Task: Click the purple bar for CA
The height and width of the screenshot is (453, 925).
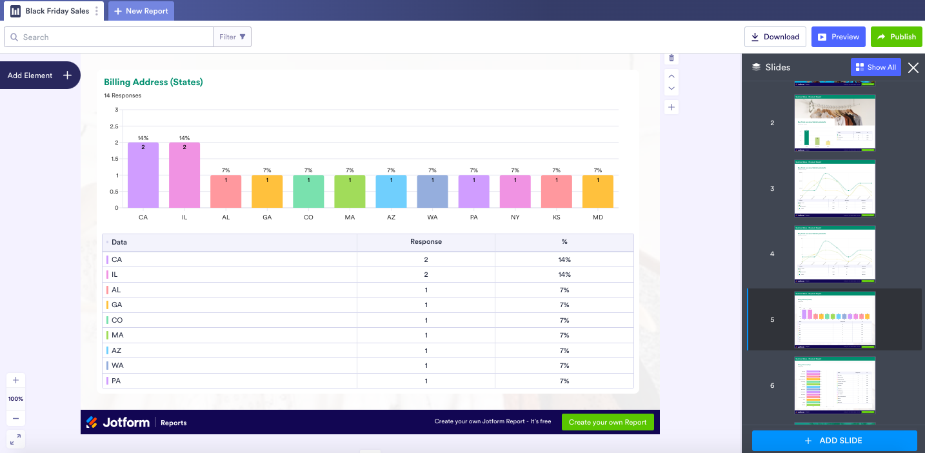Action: pyautogui.click(x=143, y=175)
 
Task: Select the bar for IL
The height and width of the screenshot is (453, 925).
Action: pyautogui.click(x=184, y=175)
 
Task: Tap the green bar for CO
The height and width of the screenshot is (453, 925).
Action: pyautogui.click(x=308, y=192)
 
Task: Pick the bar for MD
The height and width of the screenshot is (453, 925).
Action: pyautogui.click(x=598, y=192)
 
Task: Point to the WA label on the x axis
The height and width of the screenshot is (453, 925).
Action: pyautogui.click(x=432, y=217)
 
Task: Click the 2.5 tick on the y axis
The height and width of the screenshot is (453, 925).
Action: pyautogui.click(x=114, y=126)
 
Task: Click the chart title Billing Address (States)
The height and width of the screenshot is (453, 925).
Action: pyautogui.click(x=154, y=82)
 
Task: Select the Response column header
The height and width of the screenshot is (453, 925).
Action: pyautogui.click(x=426, y=242)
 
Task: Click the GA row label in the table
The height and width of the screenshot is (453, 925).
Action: pyautogui.click(x=117, y=305)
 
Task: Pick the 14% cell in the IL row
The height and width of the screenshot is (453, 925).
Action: pyautogui.click(x=564, y=275)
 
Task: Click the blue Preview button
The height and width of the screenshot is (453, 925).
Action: pyautogui.click(x=839, y=37)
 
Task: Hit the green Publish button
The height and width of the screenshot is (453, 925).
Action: pyautogui.click(x=897, y=37)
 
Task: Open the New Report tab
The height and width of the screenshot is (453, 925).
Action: pyautogui.click(x=141, y=11)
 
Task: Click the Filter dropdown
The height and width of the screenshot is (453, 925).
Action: pyautogui.click(x=232, y=37)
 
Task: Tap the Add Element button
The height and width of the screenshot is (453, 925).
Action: pyautogui.click(x=39, y=75)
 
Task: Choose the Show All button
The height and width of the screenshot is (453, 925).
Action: pyautogui.click(x=875, y=67)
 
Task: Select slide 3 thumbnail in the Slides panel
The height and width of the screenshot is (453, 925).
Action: pyautogui.click(x=835, y=188)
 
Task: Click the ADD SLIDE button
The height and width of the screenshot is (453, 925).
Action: pyautogui.click(x=834, y=441)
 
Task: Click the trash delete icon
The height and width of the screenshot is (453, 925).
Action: pyautogui.click(x=671, y=58)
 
